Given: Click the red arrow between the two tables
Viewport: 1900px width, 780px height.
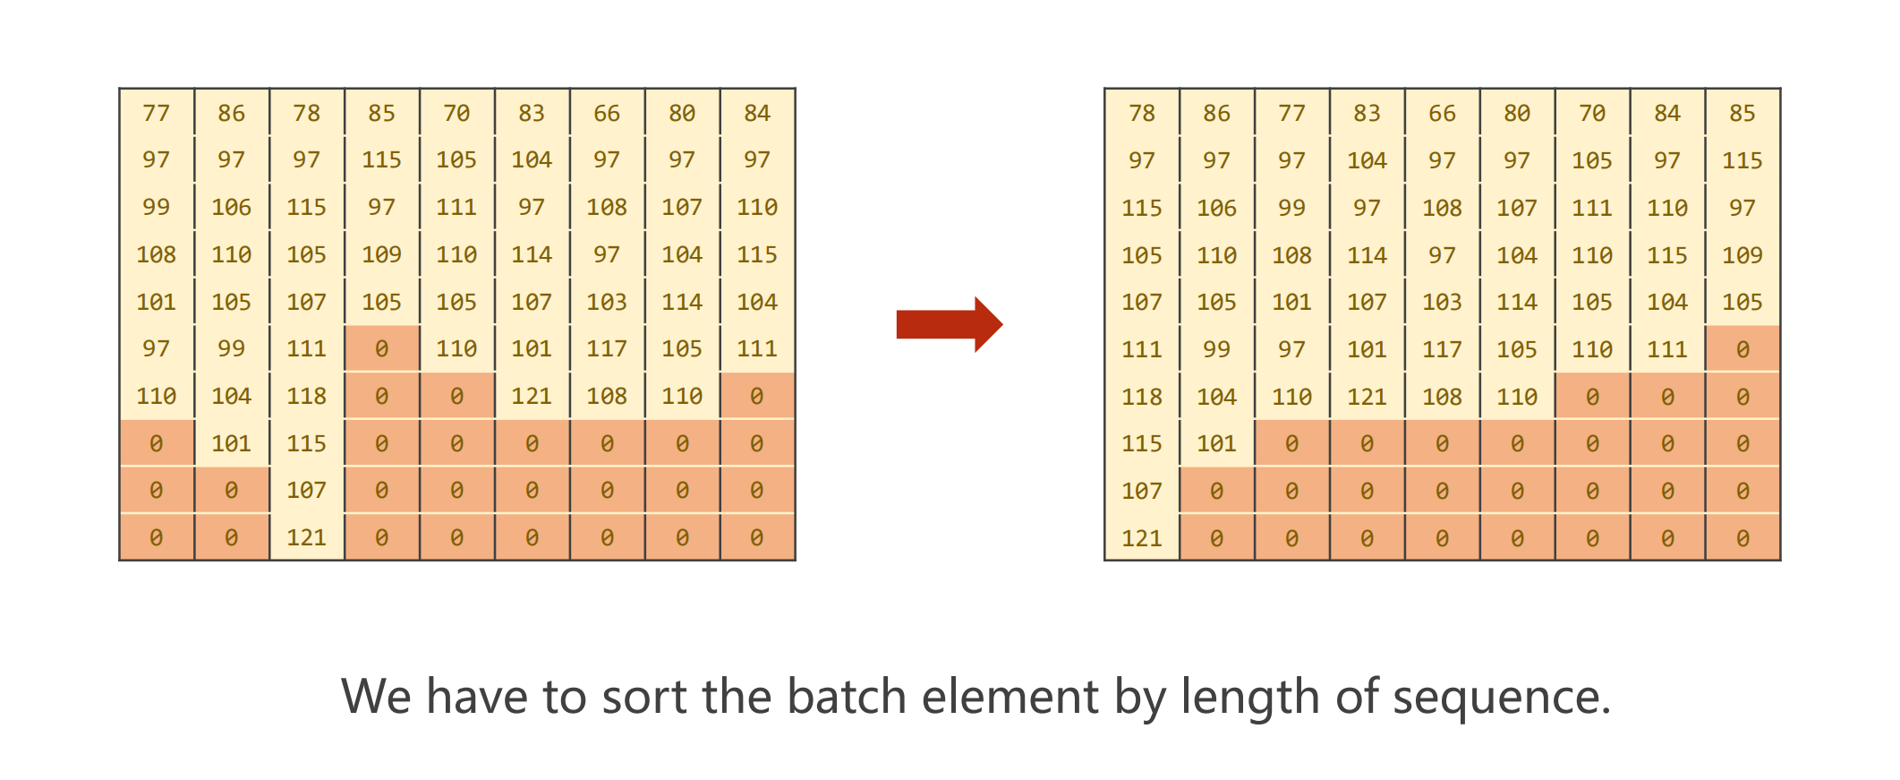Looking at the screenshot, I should point(949,324).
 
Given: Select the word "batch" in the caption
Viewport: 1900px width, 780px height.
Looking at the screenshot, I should point(846,697).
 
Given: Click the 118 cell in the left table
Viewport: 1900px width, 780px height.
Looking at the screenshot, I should point(306,396).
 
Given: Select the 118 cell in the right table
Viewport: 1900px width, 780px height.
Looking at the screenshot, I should point(1142,397).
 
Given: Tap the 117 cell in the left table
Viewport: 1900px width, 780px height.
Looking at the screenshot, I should point(607,348).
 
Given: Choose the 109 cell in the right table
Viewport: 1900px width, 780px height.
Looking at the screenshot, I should point(1742,255).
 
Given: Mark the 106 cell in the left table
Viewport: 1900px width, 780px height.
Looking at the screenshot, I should point(231,208).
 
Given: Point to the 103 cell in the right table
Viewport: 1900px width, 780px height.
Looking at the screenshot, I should point(1442,302).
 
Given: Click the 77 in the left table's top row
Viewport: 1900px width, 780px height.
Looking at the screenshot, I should point(156,114).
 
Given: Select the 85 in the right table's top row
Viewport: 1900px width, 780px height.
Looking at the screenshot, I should point(1742,114).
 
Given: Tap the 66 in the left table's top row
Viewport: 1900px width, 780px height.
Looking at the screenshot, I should point(607,114).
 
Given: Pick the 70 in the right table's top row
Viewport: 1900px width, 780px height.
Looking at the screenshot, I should point(1591,114).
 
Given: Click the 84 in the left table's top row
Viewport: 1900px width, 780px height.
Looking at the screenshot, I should point(757,114).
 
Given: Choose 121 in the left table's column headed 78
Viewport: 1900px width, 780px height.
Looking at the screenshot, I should point(306,537).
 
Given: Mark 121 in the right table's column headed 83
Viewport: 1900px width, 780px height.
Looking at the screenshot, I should point(1367,397).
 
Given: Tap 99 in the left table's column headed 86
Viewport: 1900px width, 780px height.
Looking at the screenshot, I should point(231,348).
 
